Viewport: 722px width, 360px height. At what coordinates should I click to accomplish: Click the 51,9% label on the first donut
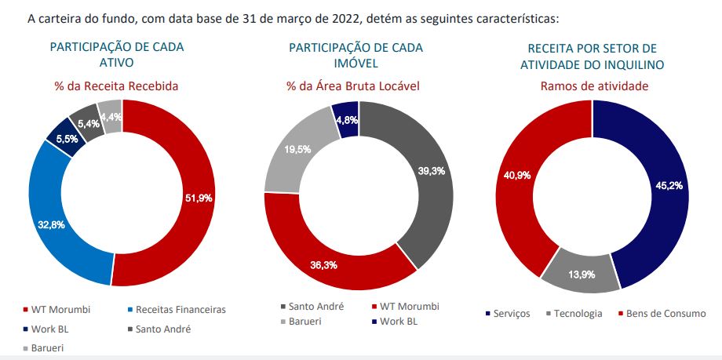click(x=197, y=197)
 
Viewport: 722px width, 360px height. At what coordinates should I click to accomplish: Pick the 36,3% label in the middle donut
click(x=321, y=265)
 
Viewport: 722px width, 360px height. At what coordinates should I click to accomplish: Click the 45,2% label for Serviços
click(x=669, y=186)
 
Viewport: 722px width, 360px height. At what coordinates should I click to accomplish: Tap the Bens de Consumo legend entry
click(x=665, y=314)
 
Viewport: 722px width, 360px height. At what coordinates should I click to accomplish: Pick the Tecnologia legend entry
click(x=578, y=314)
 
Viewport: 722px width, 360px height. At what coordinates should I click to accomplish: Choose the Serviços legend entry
click(x=511, y=314)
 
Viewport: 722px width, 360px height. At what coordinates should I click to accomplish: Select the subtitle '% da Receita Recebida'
click(x=117, y=85)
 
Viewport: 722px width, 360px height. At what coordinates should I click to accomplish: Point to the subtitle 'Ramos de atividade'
click(x=593, y=85)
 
